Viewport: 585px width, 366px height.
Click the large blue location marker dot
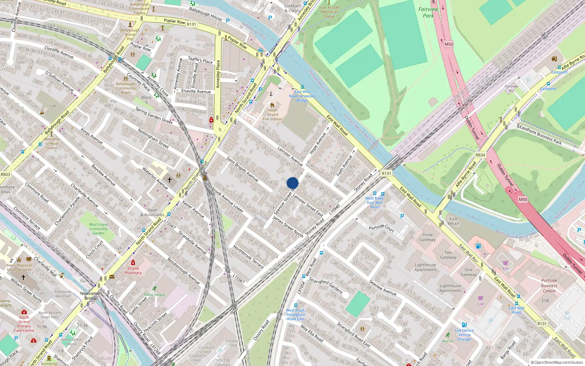click(292, 183)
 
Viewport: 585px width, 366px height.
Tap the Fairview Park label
click(428, 12)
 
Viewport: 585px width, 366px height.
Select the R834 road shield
click(480, 155)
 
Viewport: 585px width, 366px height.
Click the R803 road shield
click(5, 175)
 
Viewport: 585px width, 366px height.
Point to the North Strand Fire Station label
click(272, 114)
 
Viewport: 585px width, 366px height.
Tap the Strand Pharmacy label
click(133, 270)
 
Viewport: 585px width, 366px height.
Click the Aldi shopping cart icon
click(505, 263)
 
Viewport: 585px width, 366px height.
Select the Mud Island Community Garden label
click(98, 229)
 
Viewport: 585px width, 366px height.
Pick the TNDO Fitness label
click(154, 295)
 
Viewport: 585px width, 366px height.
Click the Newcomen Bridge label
click(91, 296)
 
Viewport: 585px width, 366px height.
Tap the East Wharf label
click(453, 221)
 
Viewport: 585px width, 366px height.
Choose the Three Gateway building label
click(427, 237)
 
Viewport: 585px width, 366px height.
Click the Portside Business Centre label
click(549, 285)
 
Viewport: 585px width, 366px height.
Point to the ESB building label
click(545, 300)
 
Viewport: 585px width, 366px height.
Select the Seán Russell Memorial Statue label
click(329, 12)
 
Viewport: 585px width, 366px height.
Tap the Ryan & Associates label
click(152, 213)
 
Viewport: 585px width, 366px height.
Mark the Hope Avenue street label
click(318, 143)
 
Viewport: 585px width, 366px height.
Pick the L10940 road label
click(335, 209)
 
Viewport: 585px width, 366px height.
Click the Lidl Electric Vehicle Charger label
click(464, 335)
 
